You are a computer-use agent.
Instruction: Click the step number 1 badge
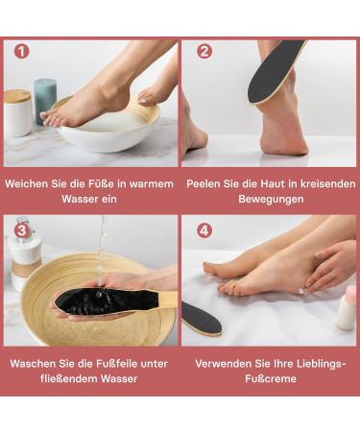[x=21, y=51]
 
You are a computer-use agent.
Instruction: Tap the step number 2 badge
[x=204, y=51]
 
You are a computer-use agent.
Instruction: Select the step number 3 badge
[x=21, y=230]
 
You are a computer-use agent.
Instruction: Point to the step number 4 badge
[x=204, y=230]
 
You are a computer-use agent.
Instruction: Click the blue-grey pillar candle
[x=45, y=100]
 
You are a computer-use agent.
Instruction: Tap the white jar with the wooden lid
[x=17, y=113]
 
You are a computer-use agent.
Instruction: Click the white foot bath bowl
[x=106, y=127]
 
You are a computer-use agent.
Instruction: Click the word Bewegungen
[x=271, y=199]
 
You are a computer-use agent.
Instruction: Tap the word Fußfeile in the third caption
[x=110, y=364]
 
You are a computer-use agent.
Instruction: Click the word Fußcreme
[x=271, y=379]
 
